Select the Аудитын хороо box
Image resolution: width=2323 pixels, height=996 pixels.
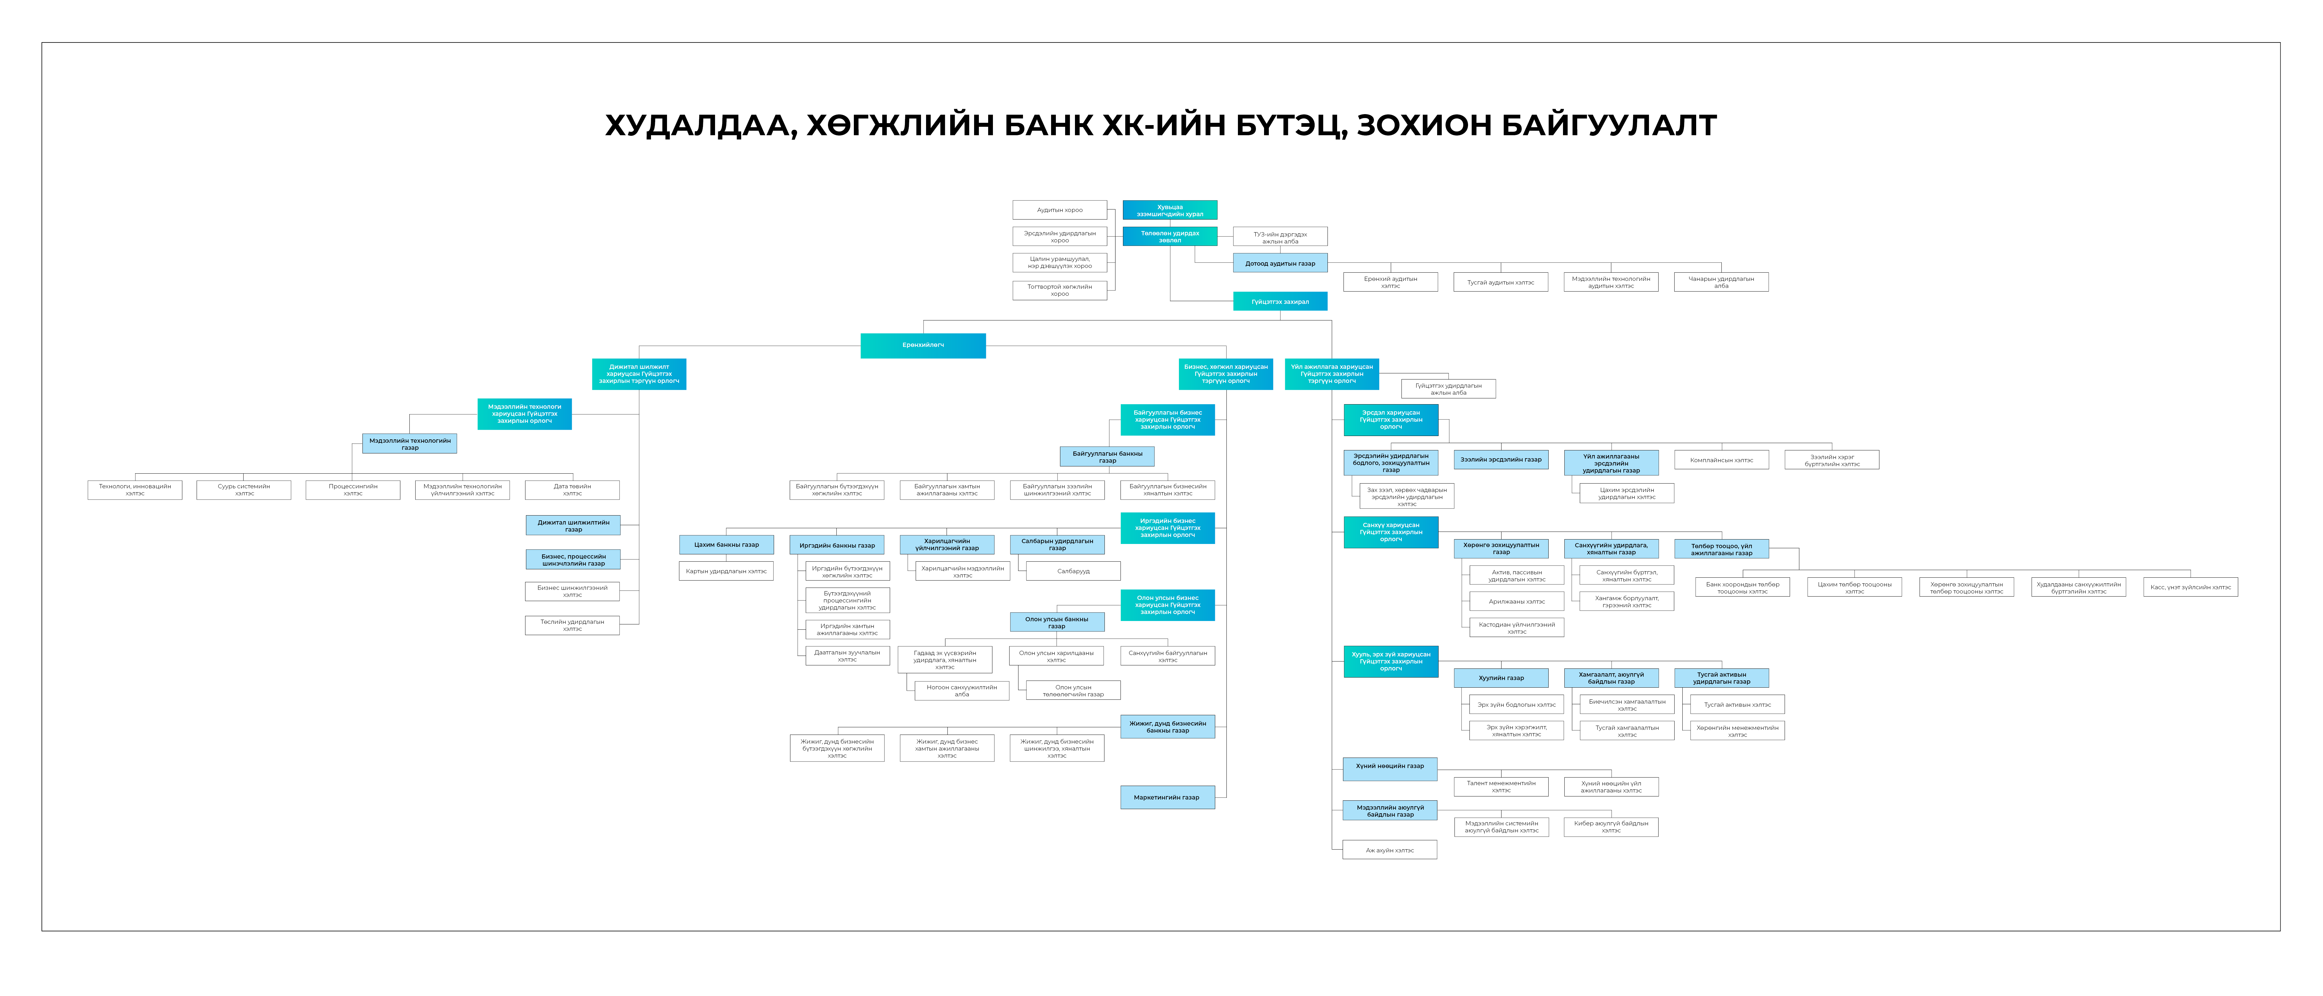(x=1060, y=210)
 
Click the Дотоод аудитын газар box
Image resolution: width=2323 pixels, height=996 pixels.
(x=1280, y=263)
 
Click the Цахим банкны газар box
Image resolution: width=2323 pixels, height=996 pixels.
(x=726, y=545)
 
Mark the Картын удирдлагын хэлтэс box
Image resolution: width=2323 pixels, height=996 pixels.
(x=726, y=571)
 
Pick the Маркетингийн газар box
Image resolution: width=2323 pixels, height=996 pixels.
(x=1167, y=798)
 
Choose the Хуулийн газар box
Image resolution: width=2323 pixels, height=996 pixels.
(x=1501, y=677)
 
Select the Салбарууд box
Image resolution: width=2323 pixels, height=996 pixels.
(x=1073, y=571)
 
